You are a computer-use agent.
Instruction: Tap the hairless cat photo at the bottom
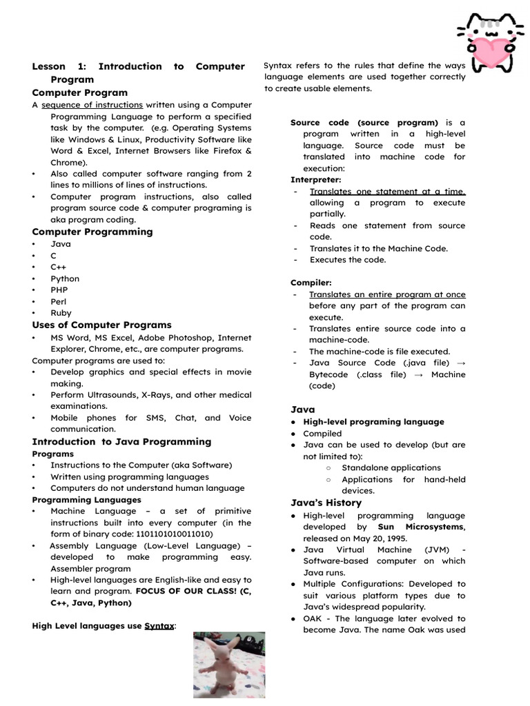tap(228, 665)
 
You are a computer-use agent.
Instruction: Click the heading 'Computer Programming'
tap(92, 232)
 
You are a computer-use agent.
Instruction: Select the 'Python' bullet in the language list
tap(65, 279)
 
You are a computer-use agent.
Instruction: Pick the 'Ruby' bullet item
tap(61, 312)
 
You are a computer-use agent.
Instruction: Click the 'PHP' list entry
tap(59, 290)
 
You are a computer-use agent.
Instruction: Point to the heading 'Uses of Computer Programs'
tap(101, 325)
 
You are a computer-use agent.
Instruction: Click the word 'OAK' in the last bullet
tap(313, 618)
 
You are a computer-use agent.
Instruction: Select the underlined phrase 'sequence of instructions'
tap(92, 105)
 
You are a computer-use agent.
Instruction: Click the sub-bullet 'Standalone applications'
tap(391, 467)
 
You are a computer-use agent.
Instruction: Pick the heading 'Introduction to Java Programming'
tap(121, 442)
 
